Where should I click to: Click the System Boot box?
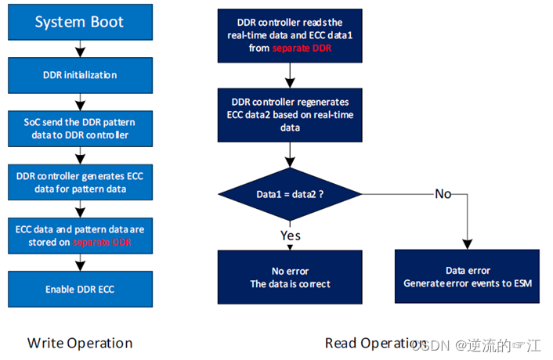coord(78,22)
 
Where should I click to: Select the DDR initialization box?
coord(78,75)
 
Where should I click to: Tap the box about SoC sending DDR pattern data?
coord(78,128)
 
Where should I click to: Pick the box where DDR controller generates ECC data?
coord(78,182)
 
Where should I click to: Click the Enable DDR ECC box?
coord(78,289)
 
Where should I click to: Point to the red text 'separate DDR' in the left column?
coord(102,243)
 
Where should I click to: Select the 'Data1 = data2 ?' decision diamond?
coord(290,193)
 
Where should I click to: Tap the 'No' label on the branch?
coord(443,193)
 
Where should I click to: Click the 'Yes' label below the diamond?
coord(291,235)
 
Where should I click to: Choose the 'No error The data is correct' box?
coord(290,277)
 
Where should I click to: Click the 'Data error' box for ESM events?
coord(468,277)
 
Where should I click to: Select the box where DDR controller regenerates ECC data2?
coord(290,115)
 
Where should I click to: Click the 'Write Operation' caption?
coord(80,343)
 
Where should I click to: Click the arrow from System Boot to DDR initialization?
coord(78,49)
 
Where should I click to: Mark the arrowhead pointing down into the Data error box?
coord(468,244)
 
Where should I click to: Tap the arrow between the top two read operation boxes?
coord(290,76)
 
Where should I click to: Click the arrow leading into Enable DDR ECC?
coord(78,264)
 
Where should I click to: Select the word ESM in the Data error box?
coord(522,283)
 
